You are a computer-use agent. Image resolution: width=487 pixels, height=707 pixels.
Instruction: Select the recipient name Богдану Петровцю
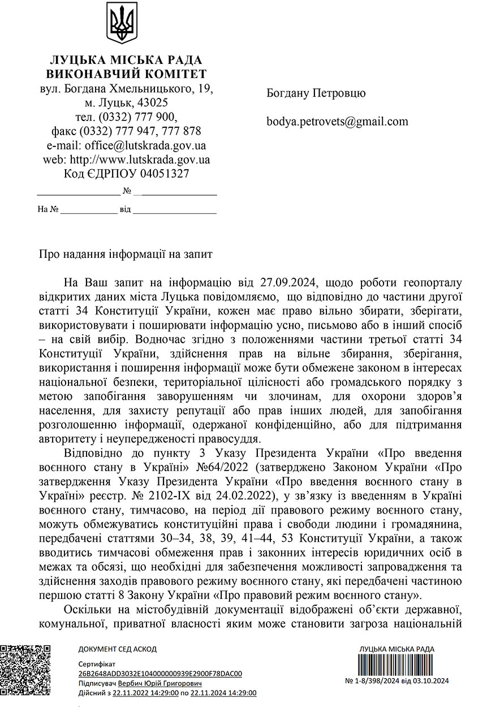[316, 93]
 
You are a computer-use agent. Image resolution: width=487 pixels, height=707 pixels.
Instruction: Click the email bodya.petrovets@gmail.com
[337, 121]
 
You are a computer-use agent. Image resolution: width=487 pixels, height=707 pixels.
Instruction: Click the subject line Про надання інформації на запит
[125, 254]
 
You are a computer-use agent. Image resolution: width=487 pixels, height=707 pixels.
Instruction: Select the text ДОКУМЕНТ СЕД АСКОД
[117, 649]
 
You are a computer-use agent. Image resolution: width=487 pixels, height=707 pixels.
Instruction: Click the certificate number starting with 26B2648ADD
[160, 674]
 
